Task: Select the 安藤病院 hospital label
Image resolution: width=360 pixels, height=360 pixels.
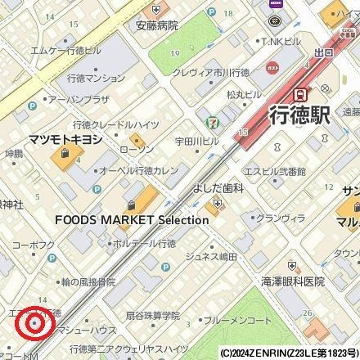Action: click(x=151, y=25)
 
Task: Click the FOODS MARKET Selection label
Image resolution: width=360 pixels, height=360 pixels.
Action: click(x=121, y=220)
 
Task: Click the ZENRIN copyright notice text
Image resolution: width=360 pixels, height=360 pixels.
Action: click(x=289, y=353)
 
